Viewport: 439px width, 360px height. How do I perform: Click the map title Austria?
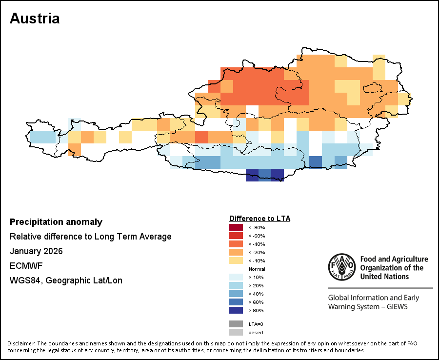coord(35,19)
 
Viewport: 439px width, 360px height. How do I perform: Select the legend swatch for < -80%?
coord(236,227)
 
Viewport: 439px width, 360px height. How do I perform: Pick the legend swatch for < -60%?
coord(236,236)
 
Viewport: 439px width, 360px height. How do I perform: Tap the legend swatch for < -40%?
coord(236,244)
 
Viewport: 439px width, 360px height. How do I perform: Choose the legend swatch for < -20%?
coord(236,252)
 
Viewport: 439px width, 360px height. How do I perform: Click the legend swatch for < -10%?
coord(236,260)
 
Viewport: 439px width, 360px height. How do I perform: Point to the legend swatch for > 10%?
coord(236,277)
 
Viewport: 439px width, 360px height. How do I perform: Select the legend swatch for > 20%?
coord(236,285)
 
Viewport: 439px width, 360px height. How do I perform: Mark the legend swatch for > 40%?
coord(236,294)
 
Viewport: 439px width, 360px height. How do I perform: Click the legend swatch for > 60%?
coord(236,302)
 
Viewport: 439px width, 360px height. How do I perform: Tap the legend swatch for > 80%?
coord(236,310)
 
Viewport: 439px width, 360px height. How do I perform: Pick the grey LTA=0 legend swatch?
coord(236,324)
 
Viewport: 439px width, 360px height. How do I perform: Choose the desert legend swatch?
coord(236,332)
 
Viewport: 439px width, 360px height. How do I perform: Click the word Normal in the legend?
coord(257,269)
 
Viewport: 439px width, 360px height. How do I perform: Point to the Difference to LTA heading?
coord(259,218)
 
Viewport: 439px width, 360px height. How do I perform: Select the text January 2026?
coord(36,251)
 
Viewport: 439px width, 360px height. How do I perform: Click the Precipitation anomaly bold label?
coord(56,222)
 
